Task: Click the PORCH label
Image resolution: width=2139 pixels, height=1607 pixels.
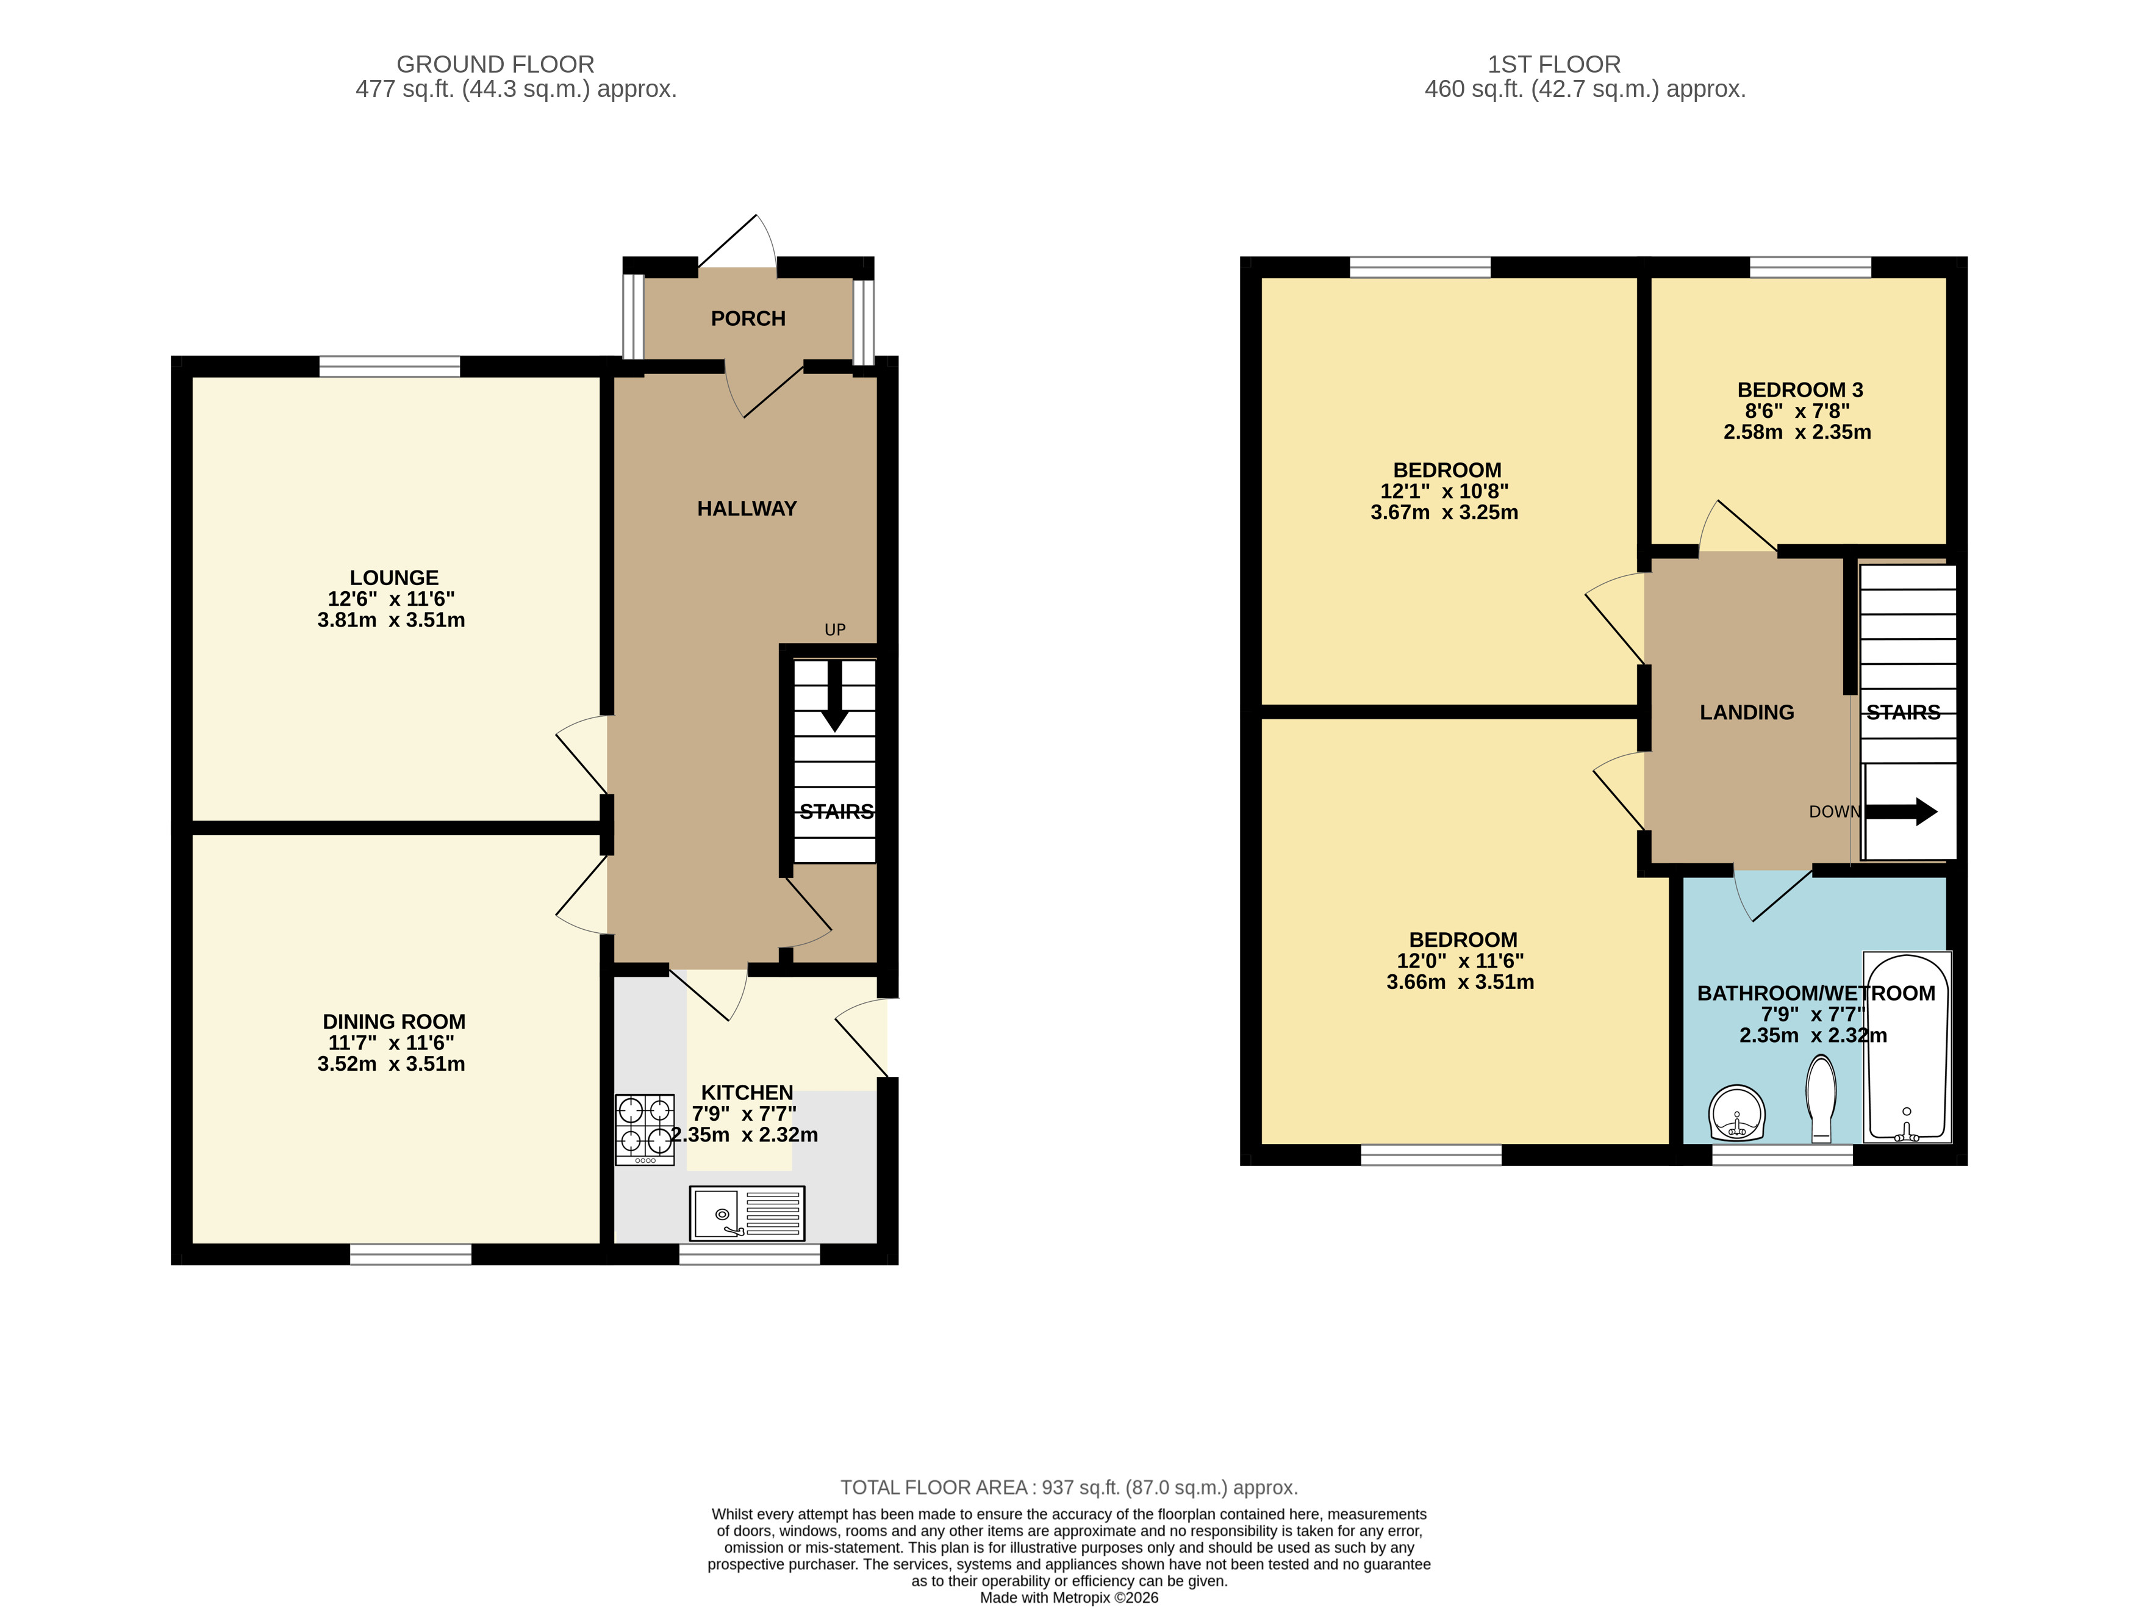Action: point(748,318)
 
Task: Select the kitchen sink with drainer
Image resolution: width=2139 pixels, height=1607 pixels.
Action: point(747,1213)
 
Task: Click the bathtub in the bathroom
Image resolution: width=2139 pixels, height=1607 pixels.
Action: point(1906,1047)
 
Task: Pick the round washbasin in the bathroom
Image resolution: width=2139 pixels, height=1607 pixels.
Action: point(1736,1113)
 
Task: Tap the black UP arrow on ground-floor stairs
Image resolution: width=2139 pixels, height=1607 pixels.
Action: point(834,695)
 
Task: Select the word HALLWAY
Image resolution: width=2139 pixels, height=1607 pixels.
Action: point(747,509)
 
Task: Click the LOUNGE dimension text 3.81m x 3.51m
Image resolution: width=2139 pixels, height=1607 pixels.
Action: point(391,620)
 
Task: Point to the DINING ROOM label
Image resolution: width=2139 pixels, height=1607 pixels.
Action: point(393,1022)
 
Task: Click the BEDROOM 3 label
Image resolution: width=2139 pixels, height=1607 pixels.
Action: point(1800,390)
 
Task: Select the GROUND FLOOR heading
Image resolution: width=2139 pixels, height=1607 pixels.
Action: point(495,65)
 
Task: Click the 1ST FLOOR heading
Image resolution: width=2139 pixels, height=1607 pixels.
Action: point(1553,65)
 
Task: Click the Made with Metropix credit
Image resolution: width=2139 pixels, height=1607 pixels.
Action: point(1069,1597)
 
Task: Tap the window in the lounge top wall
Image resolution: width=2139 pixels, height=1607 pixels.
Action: point(390,365)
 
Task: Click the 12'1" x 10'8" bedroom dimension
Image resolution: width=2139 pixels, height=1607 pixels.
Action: point(1444,492)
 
